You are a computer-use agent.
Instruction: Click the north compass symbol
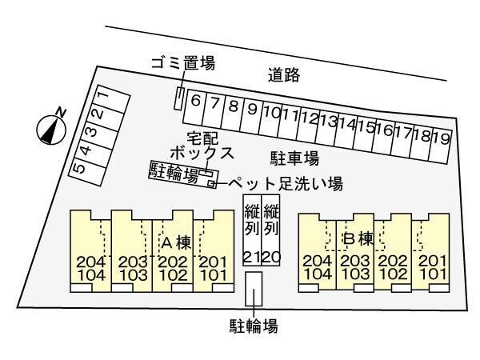coord(52,127)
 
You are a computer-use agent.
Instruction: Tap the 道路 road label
coord(284,75)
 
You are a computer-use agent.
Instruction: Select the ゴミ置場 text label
coord(182,63)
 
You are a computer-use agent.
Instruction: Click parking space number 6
coord(195,103)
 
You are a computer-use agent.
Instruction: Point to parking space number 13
coord(327,122)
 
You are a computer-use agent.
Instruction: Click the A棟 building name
coord(175,241)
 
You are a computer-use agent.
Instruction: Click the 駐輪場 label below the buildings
coord(254,326)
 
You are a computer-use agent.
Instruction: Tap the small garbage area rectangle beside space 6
coord(178,98)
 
